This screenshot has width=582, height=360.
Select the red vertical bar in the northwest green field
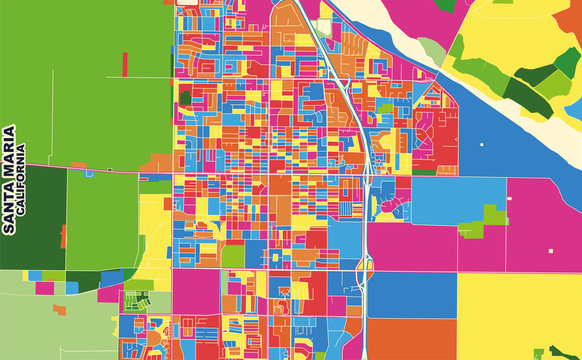click(x=125, y=63)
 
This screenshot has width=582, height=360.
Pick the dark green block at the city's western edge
click(x=185, y=98)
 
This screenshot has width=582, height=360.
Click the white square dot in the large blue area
click(x=481, y=145)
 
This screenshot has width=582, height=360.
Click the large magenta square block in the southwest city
click(x=196, y=291)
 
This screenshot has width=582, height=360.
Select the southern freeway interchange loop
click(x=366, y=267)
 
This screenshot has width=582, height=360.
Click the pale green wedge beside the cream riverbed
click(x=431, y=50)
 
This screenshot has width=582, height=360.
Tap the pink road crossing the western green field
click(x=100, y=168)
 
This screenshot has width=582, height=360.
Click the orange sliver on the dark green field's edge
click(x=64, y=236)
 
